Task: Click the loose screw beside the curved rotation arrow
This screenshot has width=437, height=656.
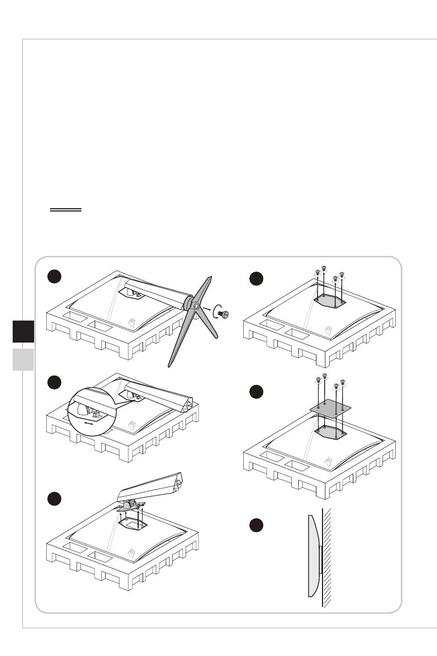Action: pyautogui.click(x=224, y=313)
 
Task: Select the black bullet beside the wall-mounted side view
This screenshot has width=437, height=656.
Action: pyautogui.click(x=254, y=525)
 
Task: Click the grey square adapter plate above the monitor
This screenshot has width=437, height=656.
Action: pyautogui.click(x=330, y=408)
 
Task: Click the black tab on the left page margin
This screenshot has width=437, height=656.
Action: pyautogui.click(x=23, y=332)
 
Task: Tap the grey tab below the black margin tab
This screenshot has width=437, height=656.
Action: pyautogui.click(x=23, y=360)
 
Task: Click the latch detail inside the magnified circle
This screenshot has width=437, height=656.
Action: pyautogui.click(x=93, y=410)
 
